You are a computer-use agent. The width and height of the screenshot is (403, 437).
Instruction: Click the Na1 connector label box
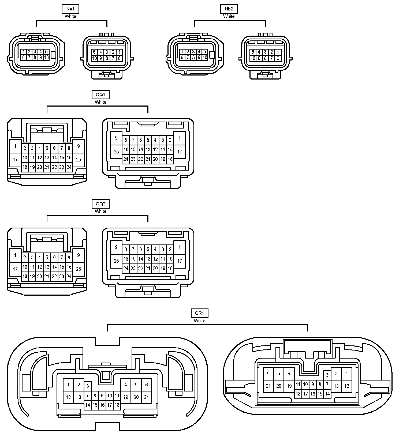click(70, 9)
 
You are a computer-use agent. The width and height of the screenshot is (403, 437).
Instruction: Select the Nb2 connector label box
click(229, 9)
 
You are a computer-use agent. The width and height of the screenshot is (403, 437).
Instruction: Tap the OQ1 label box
click(100, 95)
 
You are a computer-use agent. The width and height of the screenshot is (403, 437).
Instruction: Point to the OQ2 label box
click(100, 204)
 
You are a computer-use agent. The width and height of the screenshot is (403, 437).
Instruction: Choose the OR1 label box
click(199, 313)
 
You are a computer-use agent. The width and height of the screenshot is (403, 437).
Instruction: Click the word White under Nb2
click(229, 16)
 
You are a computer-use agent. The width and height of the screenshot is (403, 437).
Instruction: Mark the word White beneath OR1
click(199, 321)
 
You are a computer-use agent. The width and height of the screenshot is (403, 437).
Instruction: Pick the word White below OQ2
click(100, 211)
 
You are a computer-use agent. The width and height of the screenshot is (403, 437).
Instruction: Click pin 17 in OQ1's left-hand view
click(15, 160)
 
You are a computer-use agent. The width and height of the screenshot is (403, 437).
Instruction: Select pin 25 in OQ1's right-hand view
click(116, 152)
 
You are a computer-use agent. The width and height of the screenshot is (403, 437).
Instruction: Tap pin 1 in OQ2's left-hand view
click(15, 255)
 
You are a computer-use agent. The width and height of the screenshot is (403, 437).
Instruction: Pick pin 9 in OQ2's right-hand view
click(116, 247)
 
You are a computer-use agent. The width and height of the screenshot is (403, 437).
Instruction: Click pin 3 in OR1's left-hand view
click(87, 386)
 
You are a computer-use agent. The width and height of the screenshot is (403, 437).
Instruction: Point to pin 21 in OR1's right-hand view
click(268, 386)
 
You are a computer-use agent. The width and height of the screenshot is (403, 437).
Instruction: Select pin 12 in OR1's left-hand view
click(68, 397)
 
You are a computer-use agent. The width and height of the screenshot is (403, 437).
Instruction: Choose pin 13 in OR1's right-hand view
click(336, 386)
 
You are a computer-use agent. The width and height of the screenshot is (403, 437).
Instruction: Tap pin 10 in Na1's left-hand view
click(46, 57)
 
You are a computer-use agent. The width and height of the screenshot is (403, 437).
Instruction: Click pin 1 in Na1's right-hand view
click(119, 52)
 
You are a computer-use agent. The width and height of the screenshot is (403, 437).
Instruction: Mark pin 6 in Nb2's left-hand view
click(182, 57)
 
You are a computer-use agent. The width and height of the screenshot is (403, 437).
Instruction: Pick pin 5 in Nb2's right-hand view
click(253, 52)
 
